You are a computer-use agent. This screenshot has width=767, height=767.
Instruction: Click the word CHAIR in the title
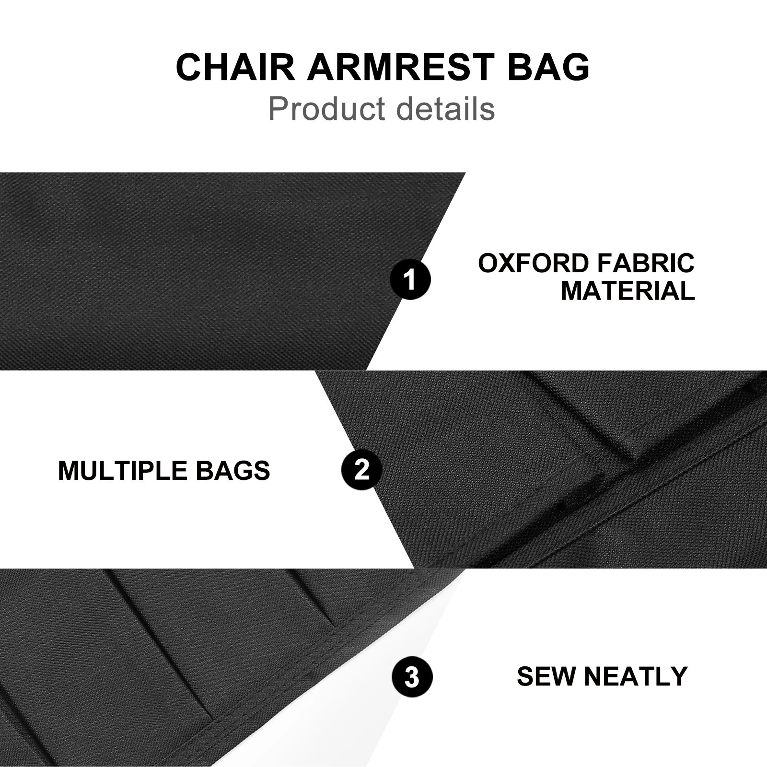point(236,67)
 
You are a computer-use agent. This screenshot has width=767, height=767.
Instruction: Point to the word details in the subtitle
point(446,108)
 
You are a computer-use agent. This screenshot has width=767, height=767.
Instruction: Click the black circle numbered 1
point(410,279)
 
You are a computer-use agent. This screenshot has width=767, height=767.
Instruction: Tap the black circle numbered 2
point(362,469)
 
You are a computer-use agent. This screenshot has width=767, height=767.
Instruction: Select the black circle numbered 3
point(412,677)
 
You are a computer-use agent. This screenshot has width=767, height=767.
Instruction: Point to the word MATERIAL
point(628,291)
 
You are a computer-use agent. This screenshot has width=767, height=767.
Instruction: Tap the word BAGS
point(233,470)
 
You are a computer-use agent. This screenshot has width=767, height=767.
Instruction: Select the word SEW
point(546,676)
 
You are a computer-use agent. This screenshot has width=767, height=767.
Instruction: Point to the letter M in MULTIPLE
point(69,470)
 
